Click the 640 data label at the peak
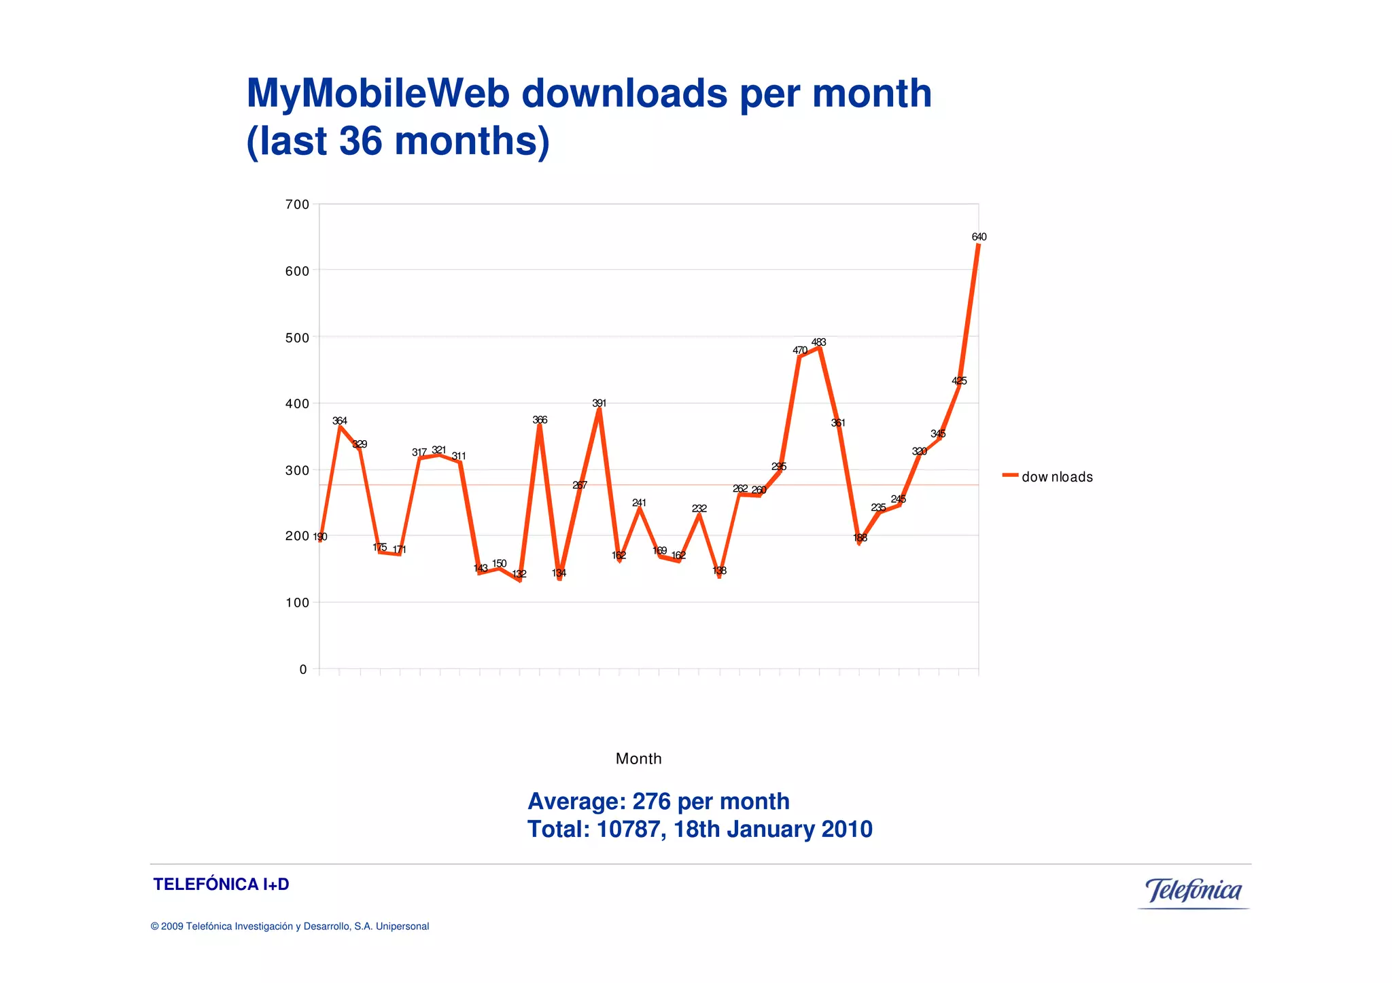979,237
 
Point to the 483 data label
819,342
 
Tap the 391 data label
599,404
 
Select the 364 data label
340,421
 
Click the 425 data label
959,381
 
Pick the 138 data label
719,571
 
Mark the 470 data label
800,351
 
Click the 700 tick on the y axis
297,204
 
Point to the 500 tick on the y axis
297,338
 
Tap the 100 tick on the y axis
297,603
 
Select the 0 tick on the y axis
303,670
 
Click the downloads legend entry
1056,477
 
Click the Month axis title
638,759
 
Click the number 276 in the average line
651,802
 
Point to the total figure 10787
628,829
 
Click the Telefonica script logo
1194,891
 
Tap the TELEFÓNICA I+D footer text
221,884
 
